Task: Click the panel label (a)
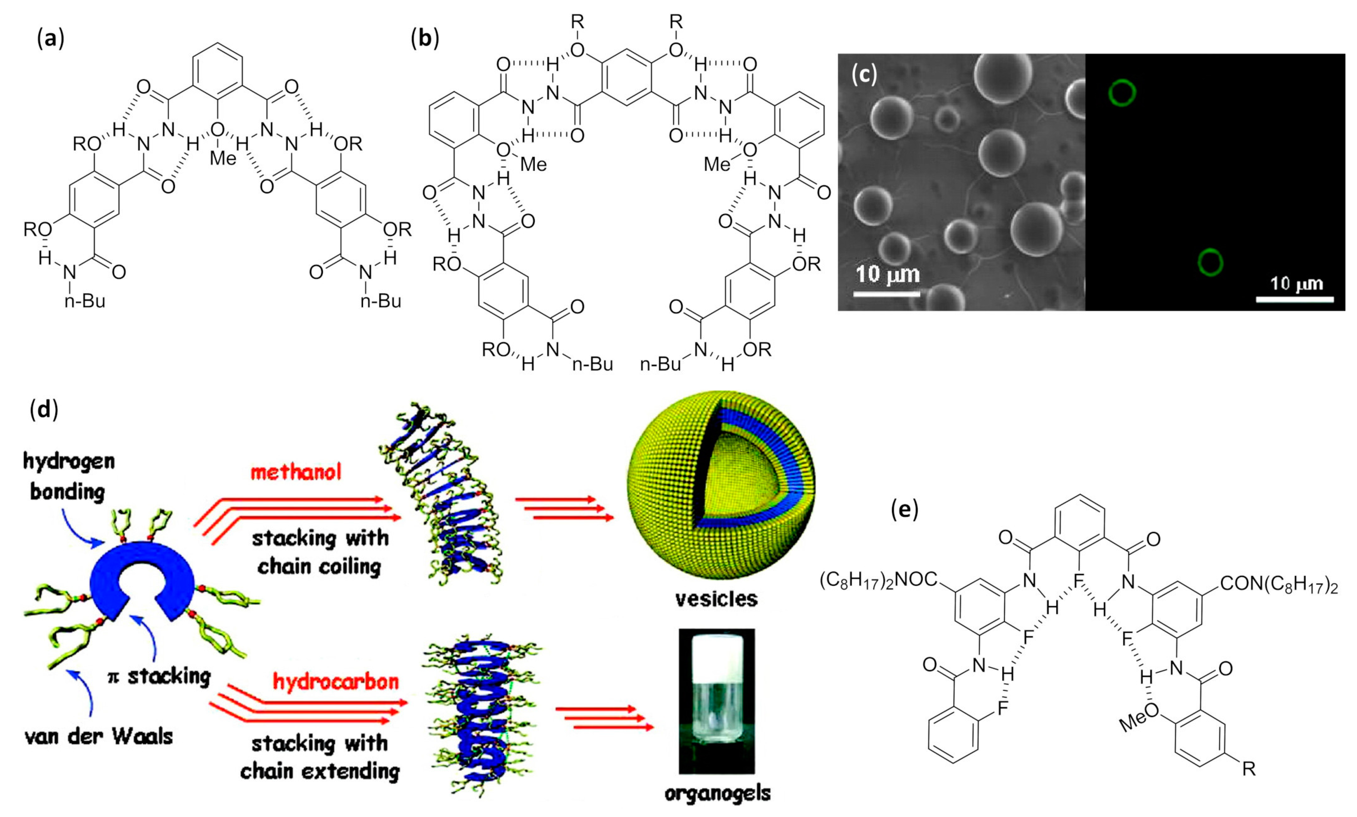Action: click(x=50, y=40)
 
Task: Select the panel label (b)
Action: click(x=425, y=40)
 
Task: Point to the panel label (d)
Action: click(x=44, y=410)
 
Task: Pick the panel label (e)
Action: click(x=905, y=510)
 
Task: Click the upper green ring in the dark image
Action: click(x=1122, y=93)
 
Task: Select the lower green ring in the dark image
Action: click(x=1211, y=262)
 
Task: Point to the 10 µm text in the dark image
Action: click(x=1296, y=284)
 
